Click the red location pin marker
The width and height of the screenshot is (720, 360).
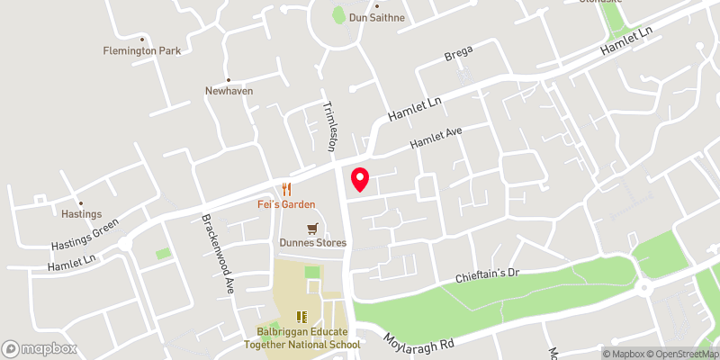tap(359, 180)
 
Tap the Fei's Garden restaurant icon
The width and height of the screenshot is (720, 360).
tap(287, 188)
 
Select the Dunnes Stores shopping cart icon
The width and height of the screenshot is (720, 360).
tap(312, 229)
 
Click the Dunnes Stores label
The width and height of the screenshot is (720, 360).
tap(312, 243)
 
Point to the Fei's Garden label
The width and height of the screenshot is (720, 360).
tap(287, 204)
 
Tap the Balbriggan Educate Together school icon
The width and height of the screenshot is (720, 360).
tap(301, 317)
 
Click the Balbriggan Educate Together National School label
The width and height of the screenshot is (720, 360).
tap(301, 337)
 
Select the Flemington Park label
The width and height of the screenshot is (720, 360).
tap(141, 51)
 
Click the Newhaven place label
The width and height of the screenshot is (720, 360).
tap(229, 91)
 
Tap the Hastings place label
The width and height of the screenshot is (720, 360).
tap(79, 214)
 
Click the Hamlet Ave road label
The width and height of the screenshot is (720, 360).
tap(436, 138)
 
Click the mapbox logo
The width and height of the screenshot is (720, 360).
tap(40, 348)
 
